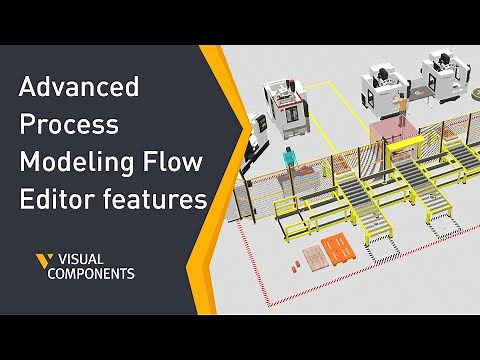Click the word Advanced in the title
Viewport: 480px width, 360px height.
pos(79,88)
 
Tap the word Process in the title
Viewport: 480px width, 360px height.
pos(68,126)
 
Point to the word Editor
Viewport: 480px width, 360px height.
pos(54,201)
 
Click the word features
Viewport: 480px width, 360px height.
pos(150,201)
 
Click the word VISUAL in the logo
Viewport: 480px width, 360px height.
pos(88,259)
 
